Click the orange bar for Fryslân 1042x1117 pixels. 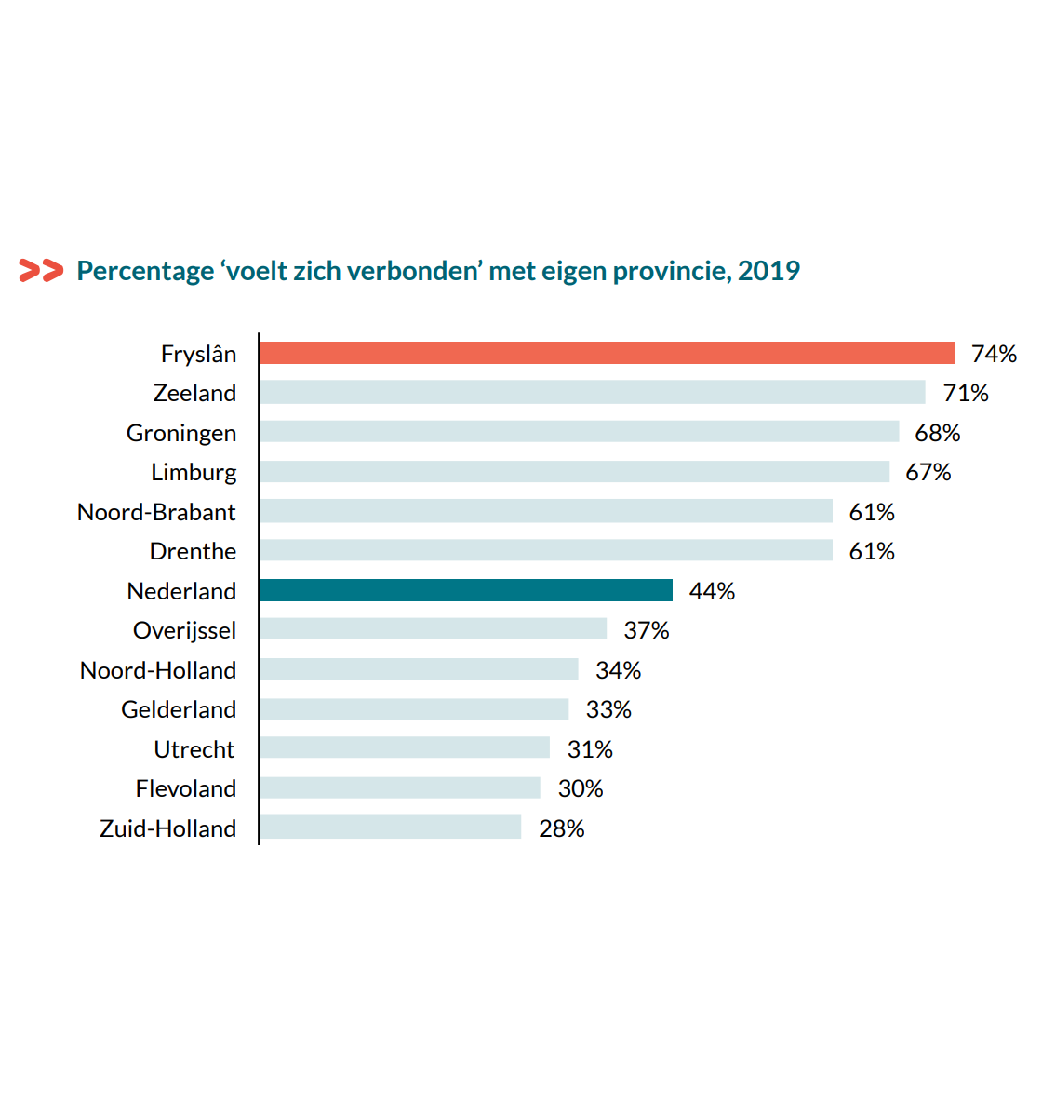click(607, 353)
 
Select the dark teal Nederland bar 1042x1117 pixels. click(466, 590)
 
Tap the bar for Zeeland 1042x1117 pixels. click(593, 392)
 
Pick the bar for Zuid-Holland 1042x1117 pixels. click(391, 828)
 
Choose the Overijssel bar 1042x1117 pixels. click(434, 629)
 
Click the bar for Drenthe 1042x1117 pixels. click(546, 550)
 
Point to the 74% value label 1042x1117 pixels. click(993, 354)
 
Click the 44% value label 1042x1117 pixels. click(712, 591)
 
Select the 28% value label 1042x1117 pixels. click(561, 828)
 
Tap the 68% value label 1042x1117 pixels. click(937, 433)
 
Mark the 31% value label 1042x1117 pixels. click(590, 749)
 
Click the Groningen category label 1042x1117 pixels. click(181, 433)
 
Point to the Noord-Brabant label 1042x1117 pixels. click(156, 512)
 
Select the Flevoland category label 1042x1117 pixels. click(186, 788)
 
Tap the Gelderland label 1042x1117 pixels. click(179, 709)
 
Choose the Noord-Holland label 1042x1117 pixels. click(158, 670)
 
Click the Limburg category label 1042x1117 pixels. click(194, 472)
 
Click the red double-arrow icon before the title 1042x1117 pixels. click(41, 270)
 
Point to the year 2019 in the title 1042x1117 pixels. click(768, 271)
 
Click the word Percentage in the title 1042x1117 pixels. click(145, 271)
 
